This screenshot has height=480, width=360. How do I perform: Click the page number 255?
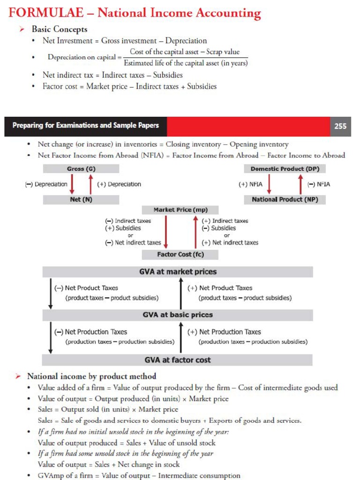[x=340, y=126]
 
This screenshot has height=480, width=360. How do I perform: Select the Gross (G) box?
[x=81, y=169]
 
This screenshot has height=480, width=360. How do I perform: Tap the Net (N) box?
[x=81, y=200]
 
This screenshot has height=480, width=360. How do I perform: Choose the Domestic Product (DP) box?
[x=285, y=169]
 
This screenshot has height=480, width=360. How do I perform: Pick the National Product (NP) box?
[x=285, y=200]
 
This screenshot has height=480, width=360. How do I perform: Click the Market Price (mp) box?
[x=180, y=210]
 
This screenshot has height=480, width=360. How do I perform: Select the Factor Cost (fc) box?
[x=180, y=255]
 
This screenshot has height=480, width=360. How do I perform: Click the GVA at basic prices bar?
[x=177, y=315]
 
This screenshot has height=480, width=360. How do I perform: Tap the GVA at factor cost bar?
[x=177, y=360]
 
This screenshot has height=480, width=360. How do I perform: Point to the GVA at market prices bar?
[x=177, y=272]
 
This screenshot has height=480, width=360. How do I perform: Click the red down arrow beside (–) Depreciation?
[x=72, y=184]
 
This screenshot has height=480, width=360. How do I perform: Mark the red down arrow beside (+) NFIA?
[x=269, y=184]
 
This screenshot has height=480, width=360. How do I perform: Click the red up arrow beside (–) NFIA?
[x=300, y=184]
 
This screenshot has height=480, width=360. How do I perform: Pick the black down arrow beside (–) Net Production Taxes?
[x=51, y=337]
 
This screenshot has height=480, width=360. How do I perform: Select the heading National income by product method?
[x=91, y=376]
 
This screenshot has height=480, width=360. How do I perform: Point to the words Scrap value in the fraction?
[x=223, y=52]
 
